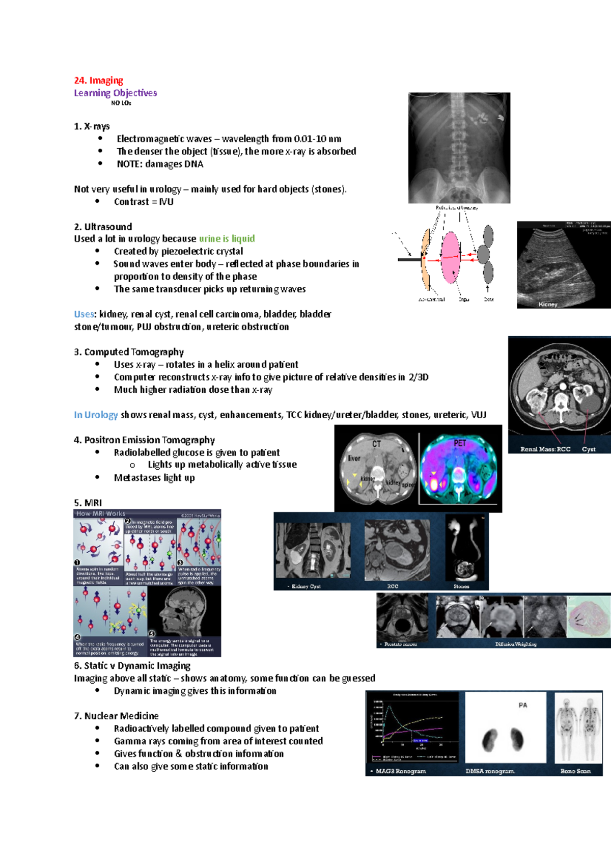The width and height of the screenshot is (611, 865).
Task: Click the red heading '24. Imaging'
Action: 98,80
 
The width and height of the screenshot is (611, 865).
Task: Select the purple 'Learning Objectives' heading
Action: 115,93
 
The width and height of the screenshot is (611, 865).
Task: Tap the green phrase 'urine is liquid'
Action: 227,239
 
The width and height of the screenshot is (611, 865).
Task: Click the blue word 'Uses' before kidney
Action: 84,314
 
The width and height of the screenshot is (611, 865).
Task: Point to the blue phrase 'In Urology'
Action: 96,415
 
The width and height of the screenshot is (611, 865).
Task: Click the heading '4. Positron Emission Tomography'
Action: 144,440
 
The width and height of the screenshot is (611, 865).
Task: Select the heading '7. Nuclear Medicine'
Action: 116,716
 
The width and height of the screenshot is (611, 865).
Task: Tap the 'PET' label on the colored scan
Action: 459,443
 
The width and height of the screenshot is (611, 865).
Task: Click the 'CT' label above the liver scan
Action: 376,444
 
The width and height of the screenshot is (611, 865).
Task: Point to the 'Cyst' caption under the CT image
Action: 589,449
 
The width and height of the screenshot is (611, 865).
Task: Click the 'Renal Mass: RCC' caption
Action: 545,449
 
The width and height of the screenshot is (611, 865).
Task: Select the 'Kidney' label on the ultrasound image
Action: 548,304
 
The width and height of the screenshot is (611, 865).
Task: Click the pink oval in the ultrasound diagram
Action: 451,257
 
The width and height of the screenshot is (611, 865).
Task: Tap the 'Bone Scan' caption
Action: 575,771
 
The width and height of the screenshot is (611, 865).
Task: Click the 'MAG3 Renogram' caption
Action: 401,771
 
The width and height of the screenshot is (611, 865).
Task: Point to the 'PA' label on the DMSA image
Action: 522,706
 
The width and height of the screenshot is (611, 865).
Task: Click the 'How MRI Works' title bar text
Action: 101,514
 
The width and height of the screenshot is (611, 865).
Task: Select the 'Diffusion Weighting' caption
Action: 515,644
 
